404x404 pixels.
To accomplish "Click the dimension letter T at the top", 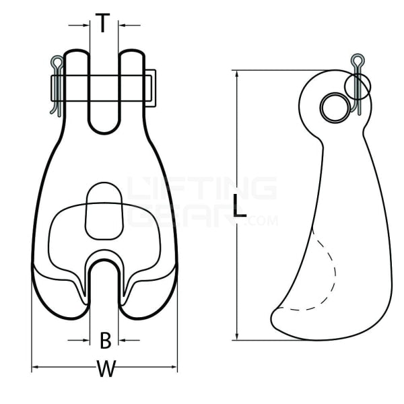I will pyautogui.click(x=102, y=24).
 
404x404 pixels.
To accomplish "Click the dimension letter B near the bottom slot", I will pyautogui.click(x=105, y=340).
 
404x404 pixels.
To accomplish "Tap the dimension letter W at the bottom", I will pyautogui.click(x=105, y=370).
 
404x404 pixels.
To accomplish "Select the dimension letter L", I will pyautogui.click(x=239, y=206).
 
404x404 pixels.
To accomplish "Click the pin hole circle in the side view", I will pyautogui.click(x=333, y=106).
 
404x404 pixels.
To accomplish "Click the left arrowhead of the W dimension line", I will pyautogui.click(x=35, y=368).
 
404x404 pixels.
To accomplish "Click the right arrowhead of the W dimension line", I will pyautogui.click(x=175, y=368).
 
